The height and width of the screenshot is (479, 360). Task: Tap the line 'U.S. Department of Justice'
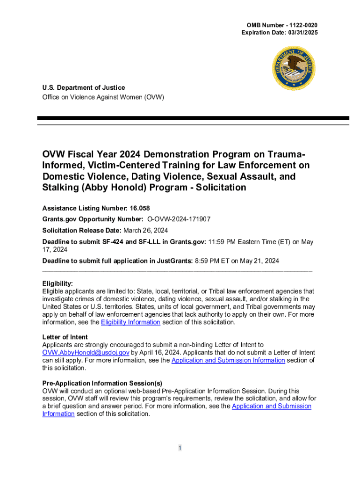(84, 87)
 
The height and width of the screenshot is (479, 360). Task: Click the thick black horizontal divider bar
(193, 118)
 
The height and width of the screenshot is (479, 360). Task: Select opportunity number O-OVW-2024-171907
(179, 219)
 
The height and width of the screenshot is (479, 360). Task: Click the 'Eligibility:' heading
(58, 283)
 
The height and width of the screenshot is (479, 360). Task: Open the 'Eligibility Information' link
(130, 322)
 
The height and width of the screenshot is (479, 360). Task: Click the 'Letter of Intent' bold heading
(65, 337)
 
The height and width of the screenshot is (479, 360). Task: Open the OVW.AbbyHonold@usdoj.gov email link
(86, 353)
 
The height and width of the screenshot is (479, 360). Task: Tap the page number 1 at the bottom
(180, 449)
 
